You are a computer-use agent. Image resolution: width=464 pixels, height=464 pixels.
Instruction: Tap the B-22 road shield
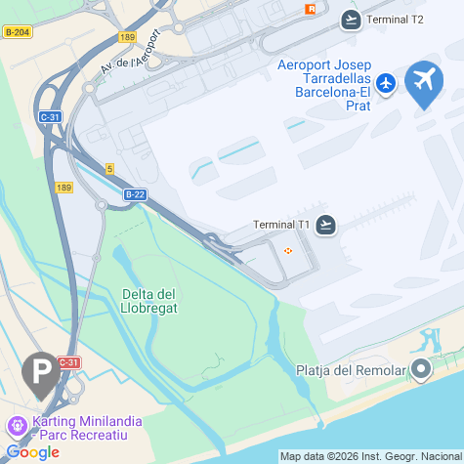point(135,194)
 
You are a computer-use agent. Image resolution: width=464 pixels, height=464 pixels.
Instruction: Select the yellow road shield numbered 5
point(110,169)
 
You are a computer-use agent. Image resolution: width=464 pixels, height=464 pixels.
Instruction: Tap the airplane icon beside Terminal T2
point(351,20)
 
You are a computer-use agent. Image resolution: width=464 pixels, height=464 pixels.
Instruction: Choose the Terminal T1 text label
point(281,225)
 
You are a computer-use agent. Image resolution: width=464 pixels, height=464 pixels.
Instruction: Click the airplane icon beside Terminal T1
point(326,225)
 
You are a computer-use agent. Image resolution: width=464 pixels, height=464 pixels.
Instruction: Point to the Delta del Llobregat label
point(149,302)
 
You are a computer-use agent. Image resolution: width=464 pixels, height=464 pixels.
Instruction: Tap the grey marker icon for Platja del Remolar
point(421,369)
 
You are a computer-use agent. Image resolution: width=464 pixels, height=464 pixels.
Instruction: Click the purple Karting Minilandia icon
point(16,426)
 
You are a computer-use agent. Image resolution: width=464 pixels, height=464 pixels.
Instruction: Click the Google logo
point(32,451)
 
